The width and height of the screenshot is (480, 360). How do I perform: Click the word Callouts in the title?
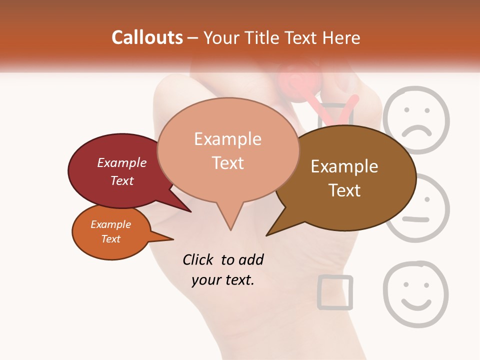tap(147, 37)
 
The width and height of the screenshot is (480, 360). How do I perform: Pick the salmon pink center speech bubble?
tap(227, 150)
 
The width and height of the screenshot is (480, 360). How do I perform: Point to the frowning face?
tap(416, 120)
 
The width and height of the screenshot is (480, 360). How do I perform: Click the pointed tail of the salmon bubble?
tap(230, 227)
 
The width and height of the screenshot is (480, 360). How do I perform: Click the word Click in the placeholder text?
tap(199, 259)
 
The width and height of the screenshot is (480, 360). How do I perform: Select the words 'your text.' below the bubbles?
tap(223, 280)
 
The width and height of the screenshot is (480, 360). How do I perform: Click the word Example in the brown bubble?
tap(344, 166)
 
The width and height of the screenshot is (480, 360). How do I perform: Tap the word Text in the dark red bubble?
tap(122, 181)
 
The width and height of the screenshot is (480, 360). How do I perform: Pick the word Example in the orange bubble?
tap(111, 224)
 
